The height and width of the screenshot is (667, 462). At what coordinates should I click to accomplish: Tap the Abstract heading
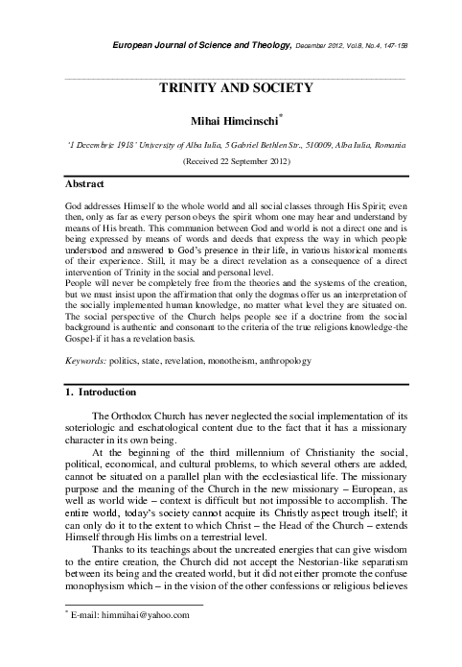pos(84,182)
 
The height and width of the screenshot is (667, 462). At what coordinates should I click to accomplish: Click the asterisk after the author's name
pos(280,117)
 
